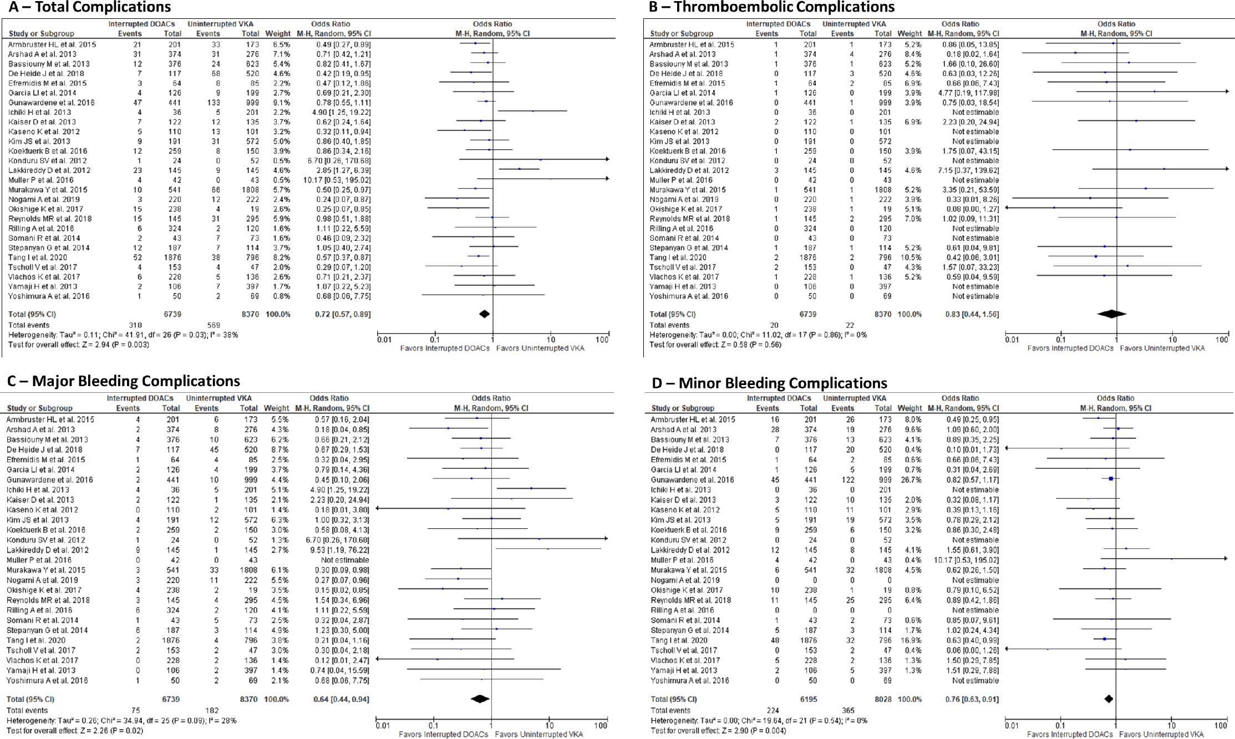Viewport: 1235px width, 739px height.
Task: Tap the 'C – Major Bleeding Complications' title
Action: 123,381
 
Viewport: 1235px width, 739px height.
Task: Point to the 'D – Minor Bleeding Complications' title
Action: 769,383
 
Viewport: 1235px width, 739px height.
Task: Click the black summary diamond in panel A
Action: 484,314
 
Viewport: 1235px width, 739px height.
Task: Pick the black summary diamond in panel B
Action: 1111,314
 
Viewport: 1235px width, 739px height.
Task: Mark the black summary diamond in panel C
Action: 480,699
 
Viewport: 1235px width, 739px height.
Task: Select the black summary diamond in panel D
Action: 1109,699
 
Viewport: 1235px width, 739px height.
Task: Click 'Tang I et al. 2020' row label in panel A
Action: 37,257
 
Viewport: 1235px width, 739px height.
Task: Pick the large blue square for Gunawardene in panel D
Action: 1111,479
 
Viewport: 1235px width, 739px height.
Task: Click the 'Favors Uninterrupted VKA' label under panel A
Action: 540,348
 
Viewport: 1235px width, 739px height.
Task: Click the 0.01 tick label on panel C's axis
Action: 383,725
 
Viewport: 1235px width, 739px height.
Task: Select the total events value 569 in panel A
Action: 213,325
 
